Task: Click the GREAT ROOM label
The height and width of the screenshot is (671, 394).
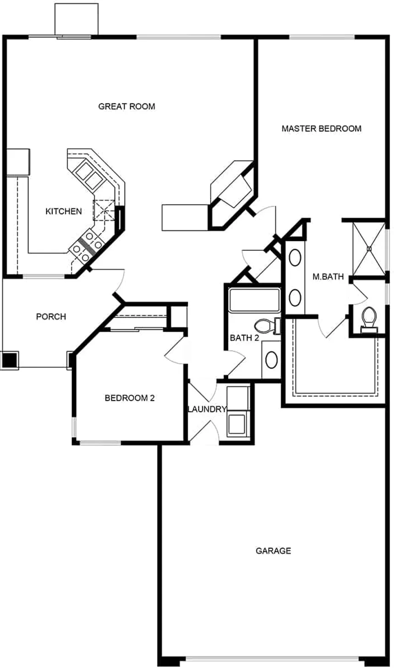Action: coord(126,106)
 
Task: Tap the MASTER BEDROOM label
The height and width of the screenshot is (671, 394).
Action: coord(322,128)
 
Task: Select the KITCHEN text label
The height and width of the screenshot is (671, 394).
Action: coord(64,211)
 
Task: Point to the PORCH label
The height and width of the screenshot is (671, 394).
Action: coord(51,317)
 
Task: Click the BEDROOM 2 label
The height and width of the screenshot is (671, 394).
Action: coord(130,398)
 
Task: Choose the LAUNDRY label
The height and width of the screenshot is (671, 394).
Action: coord(207,409)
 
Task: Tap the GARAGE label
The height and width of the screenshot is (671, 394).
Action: coord(274,551)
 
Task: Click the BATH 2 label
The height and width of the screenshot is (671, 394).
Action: coord(244,338)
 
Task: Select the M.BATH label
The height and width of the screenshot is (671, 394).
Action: coord(328,276)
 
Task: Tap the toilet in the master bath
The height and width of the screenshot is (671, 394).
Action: coord(369,319)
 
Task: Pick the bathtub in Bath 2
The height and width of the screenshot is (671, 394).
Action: coord(254,300)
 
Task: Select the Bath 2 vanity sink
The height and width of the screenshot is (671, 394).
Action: coord(272,360)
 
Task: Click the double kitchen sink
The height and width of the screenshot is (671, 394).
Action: coord(89,174)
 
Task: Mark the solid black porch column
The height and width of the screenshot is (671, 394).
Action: coord(10,360)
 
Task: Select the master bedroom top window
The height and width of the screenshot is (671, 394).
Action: coord(322,38)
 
